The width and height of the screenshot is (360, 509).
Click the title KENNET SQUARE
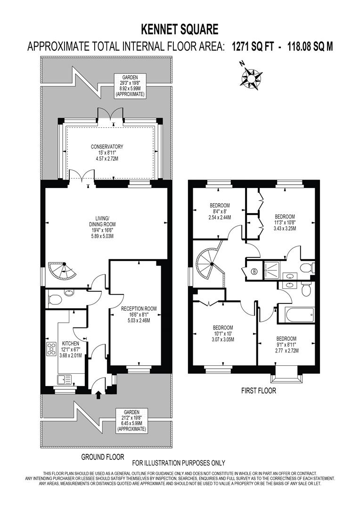(x=180, y=30)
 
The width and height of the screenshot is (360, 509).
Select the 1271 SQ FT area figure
(x=252, y=47)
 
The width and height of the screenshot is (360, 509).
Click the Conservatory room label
(x=107, y=153)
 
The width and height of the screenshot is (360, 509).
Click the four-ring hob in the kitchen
(x=50, y=349)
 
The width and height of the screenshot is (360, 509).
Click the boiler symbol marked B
(x=255, y=271)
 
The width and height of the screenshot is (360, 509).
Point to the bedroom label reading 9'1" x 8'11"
(x=286, y=345)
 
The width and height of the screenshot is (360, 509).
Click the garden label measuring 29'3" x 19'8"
(x=131, y=85)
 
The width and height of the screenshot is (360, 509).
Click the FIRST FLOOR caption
(x=258, y=391)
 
